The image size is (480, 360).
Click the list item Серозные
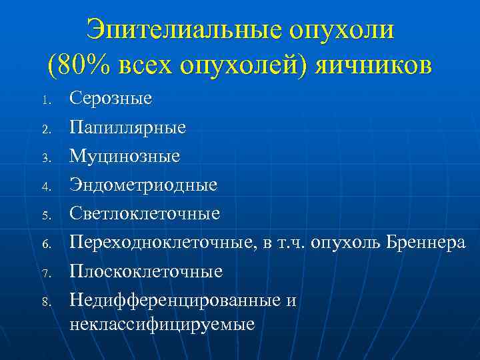[x=110, y=99]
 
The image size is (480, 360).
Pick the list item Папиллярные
[x=127, y=127]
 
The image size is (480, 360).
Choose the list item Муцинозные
[x=124, y=156]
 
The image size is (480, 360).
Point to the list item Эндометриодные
[x=143, y=185]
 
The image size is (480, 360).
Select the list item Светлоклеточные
[x=144, y=214]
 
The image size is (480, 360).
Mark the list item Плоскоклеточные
[x=145, y=271]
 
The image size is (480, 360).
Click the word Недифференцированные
[x=176, y=300]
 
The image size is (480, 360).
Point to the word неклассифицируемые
[x=161, y=324]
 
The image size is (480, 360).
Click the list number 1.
[x=46, y=101]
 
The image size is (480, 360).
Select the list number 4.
[x=46, y=187]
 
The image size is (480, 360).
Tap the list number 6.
[x=46, y=245]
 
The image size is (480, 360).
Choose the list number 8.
[x=46, y=303]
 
